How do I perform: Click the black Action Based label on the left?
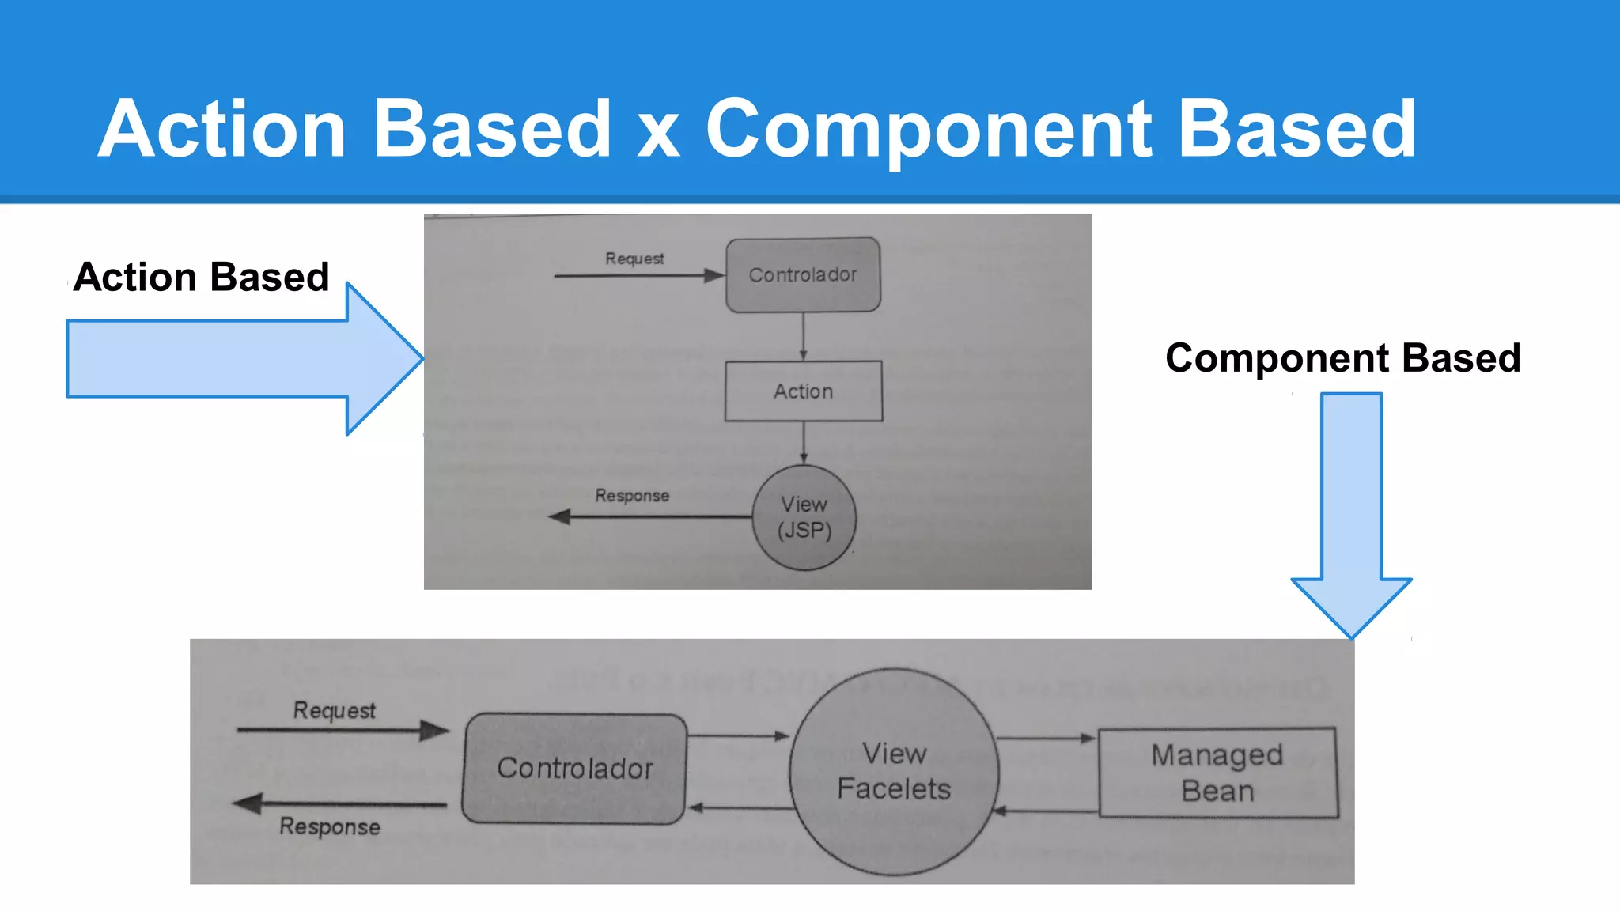201,278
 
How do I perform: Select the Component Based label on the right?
1342,358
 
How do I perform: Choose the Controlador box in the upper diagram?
803,275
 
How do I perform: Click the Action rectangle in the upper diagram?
803,391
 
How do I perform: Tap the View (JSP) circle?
804,517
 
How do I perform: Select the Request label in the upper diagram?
634,259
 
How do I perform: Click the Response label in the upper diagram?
632,496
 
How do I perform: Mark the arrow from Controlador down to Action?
803,336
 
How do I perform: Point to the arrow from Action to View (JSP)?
804,443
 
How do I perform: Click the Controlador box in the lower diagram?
574,769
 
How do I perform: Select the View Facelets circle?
894,772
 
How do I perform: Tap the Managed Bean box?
1217,773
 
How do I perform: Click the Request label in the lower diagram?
334,710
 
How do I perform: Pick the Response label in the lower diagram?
330,826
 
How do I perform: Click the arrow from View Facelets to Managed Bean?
1046,739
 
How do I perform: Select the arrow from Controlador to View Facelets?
737,736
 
